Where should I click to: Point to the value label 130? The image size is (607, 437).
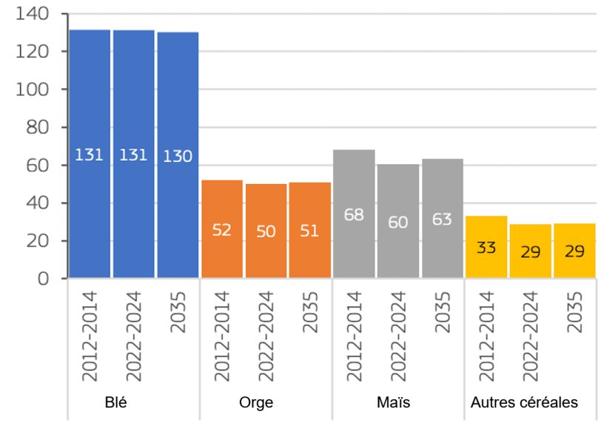tap(178, 156)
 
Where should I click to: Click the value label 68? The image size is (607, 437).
tap(354, 214)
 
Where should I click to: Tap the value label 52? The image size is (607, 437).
tap(222, 230)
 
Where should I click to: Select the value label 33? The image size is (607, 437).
tap(486, 247)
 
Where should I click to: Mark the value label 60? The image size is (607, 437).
tap(398, 222)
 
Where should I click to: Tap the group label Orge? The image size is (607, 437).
tap(256, 403)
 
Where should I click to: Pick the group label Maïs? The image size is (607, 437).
tap(393, 403)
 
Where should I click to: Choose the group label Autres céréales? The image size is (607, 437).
tap(524, 403)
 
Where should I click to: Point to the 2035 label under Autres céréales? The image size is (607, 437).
tap(574, 311)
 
